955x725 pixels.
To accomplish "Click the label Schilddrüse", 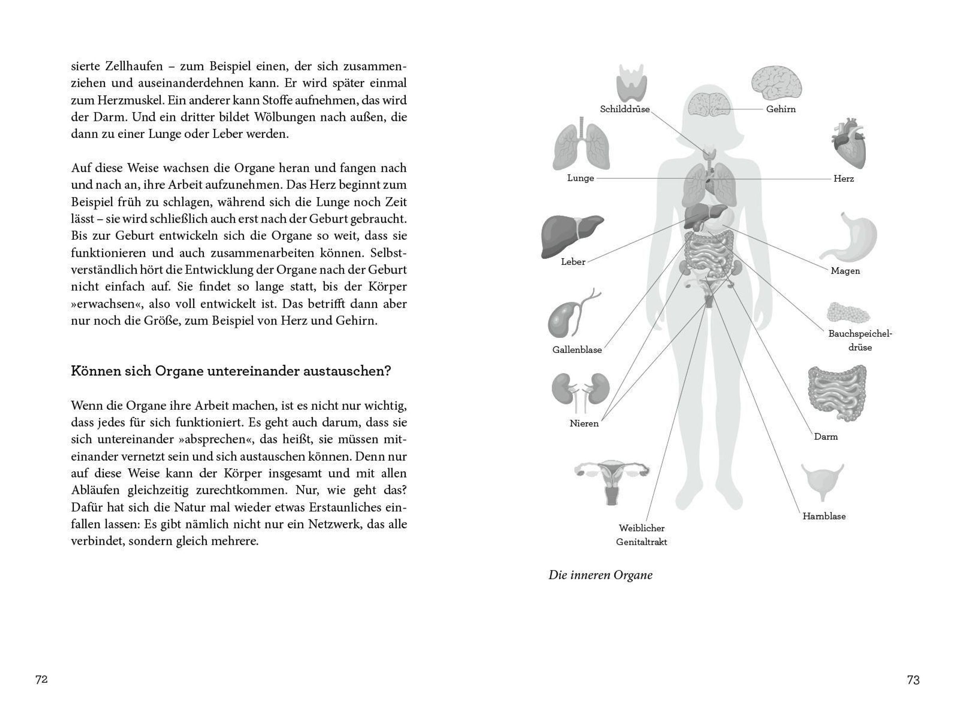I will (624, 109).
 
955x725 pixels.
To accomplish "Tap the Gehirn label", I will (781, 109).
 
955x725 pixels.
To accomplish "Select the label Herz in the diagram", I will (843, 179).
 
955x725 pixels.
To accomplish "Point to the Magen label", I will (845, 271).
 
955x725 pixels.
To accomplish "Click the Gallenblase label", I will (577, 350).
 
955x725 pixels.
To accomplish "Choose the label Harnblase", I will (824, 516).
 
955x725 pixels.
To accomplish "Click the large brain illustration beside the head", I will (776, 82).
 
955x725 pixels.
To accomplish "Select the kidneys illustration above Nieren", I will (580, 391).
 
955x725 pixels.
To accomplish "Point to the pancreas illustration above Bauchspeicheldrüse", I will (848, 313).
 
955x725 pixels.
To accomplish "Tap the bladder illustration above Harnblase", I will (822, 482).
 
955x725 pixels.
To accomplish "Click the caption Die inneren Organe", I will (600, 575).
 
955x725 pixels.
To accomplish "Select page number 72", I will (41, 679).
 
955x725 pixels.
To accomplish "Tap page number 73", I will (913, 680).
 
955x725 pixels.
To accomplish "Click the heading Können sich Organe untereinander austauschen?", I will (230, 371).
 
